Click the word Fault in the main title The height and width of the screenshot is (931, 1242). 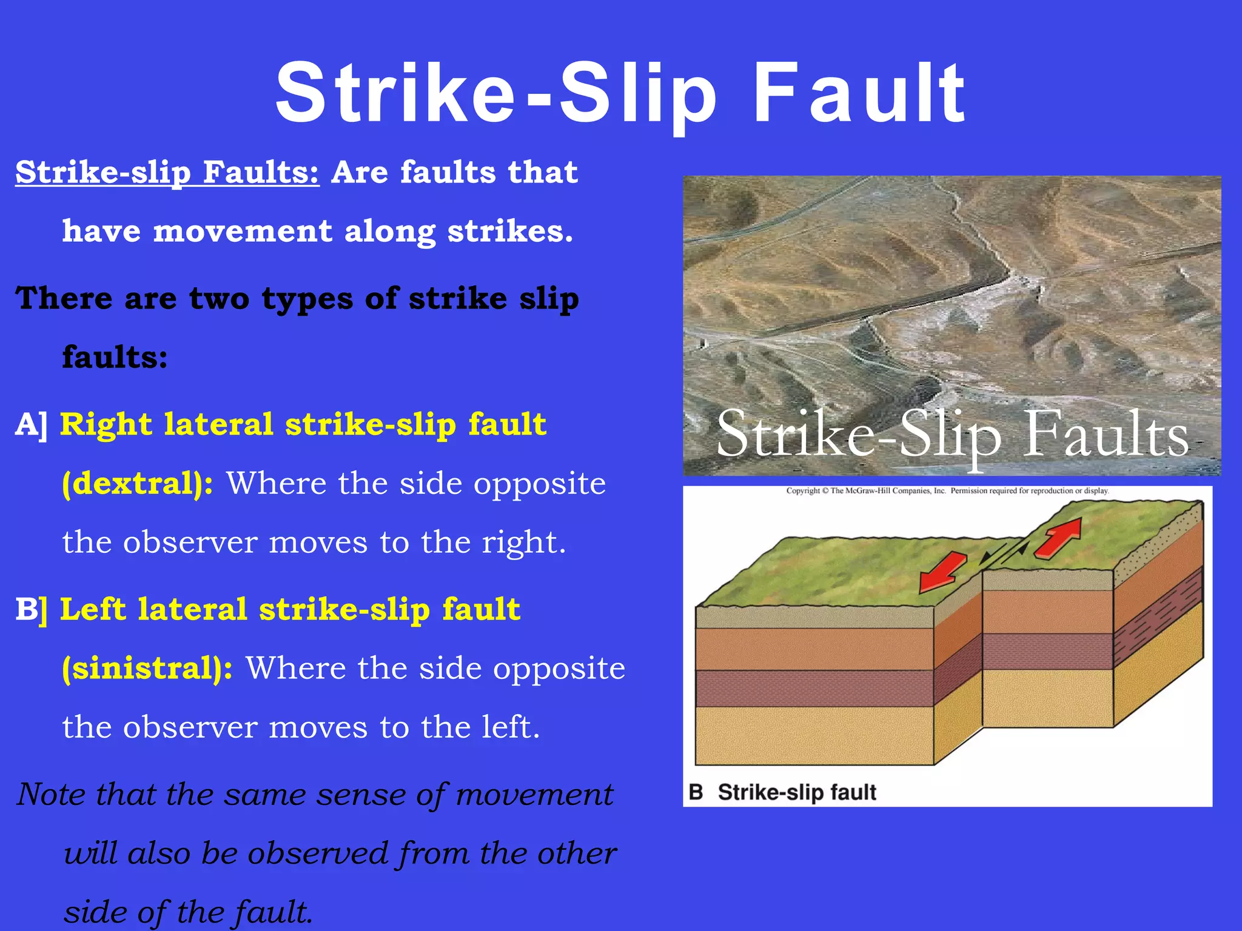[859, 94]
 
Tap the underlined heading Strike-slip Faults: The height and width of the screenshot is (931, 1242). [167, 172]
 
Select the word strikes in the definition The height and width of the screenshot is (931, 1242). [509, 232]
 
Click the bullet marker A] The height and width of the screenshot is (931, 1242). [31, 424]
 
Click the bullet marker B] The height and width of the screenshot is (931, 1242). [31, 609]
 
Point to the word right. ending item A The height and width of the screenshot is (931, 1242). [523, 542]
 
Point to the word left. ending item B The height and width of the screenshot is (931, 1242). [510, 727]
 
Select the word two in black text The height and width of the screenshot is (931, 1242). [219, 299]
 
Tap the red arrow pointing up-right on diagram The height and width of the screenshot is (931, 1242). [1059, 537]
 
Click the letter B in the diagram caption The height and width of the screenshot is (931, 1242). [696, 792]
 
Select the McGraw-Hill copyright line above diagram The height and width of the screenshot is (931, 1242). [947, 491]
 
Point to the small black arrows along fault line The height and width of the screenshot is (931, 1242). [1004, 552]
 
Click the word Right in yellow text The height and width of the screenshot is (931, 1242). [106, 424]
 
